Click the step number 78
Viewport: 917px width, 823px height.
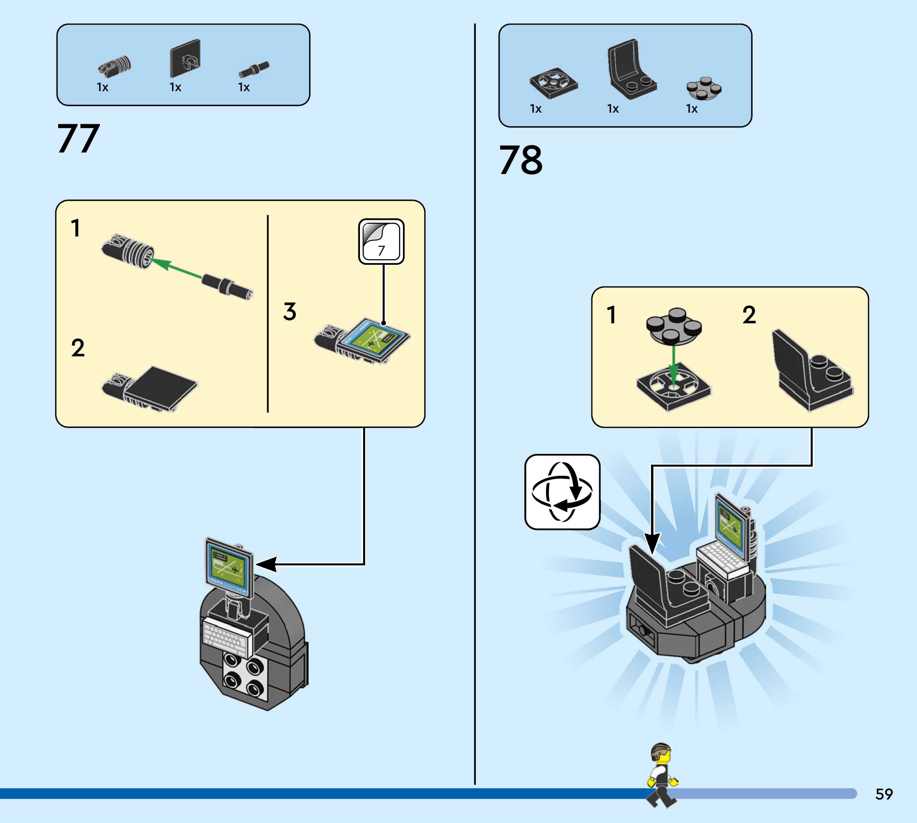pyautogui.click(x=520, y=160)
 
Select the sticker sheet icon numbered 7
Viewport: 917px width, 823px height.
pyautogui.click(x=381, y=241)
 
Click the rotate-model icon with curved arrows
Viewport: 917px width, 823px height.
pyautogui.click(x=562, y=492)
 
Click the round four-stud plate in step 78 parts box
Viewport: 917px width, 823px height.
pyautogui.click(x=704, y=88)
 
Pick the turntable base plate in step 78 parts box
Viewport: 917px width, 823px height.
pyautogui.click(x=553, y=83)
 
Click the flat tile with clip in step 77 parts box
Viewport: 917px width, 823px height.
pyautogui.click(x=185, y=59)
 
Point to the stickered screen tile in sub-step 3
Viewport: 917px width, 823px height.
pyautogui.click(x=374, y=340)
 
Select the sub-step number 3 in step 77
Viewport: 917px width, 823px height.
pyautogui.click(x=290, y=312)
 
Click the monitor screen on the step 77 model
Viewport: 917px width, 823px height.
pyautogui.click(x=228, y=565)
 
